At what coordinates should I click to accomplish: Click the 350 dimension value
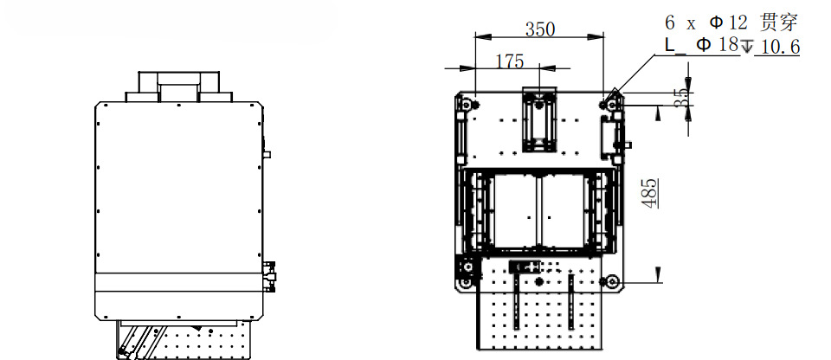(540, 29)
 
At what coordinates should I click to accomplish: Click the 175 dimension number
(509, 62)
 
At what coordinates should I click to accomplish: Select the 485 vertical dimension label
(651, 194)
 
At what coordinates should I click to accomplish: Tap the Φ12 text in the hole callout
(728, 23)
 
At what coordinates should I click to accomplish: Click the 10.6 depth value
(780, 48)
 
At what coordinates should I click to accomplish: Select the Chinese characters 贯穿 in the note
(778, 22)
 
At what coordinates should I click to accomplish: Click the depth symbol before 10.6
(746, 47)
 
